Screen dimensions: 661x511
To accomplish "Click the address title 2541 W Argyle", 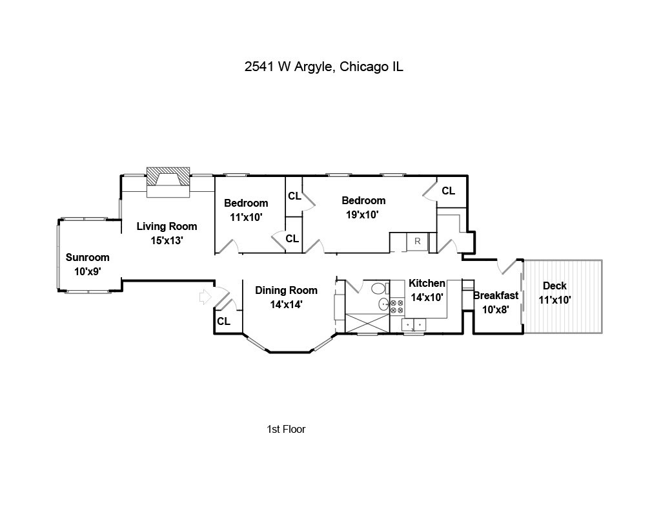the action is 290,67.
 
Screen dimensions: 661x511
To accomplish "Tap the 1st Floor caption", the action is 286,429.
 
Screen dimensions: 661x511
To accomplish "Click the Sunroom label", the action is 88,257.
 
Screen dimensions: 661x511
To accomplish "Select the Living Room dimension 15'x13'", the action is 167,240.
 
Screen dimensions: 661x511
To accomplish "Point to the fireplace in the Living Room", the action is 168,182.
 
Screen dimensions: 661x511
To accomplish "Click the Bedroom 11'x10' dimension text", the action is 246,217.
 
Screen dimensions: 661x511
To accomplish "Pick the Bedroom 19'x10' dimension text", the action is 362,214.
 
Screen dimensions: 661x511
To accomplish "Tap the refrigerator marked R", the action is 418,242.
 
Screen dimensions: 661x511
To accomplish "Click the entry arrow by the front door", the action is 205,297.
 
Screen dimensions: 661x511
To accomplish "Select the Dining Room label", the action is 286,290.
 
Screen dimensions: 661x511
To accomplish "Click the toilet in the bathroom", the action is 379,289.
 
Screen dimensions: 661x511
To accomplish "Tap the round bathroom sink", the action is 384,304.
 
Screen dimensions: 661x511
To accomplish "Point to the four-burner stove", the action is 397,306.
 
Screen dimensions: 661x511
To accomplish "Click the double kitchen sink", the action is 414,326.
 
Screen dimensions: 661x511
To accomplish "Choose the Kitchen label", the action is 427,283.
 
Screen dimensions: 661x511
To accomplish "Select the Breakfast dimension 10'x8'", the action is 496,309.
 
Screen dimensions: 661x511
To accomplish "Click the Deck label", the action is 554,286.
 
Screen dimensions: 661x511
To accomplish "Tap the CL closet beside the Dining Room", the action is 224,322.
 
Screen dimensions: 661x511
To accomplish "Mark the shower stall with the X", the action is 367,323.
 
